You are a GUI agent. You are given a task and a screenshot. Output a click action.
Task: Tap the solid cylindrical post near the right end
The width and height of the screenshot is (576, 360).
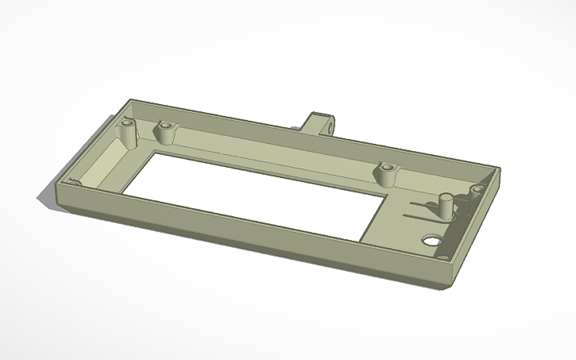[x=446, y=204]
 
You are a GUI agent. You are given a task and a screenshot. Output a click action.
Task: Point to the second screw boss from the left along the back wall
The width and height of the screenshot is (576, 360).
[x=165, y=130]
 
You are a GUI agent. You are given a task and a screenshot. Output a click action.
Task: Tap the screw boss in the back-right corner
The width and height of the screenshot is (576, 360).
[x=477, y=191]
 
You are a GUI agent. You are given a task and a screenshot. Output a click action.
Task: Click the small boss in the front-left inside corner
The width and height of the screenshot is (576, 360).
[x=75, y=183]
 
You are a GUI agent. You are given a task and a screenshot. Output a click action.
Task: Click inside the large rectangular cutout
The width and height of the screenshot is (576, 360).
[x=254, y=191]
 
